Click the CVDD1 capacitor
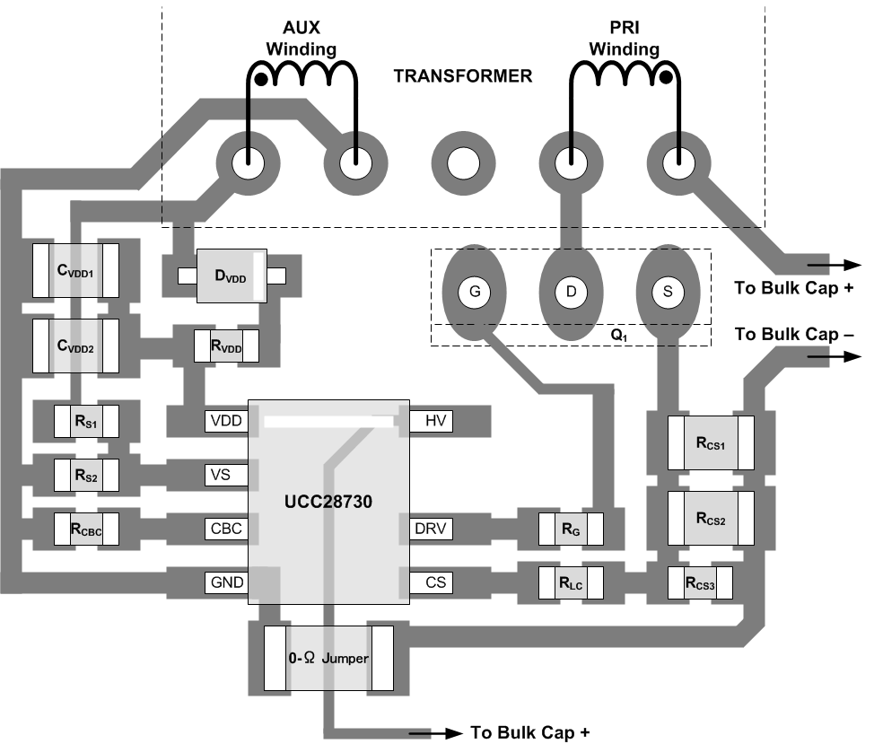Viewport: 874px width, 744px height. tap(75, 270)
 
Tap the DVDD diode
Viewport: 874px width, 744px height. tap(231, 276)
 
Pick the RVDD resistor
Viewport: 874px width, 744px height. tap(227, 345)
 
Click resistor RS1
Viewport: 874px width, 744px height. tap(86, 420)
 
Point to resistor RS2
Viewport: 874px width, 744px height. tap(86, 473)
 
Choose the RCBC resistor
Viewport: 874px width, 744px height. tap(86, 529)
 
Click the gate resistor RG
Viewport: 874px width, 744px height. tap(570, 529)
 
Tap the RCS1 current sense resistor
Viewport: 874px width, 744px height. tap(710, 442)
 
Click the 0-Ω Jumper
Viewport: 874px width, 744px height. tap(328, 659)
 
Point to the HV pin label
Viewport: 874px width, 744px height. tap(435, 420)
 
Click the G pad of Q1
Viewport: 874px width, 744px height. tap(474, 292)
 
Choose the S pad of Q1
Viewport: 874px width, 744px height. tap(667, 292)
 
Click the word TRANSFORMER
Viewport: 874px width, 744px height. tap(462, 76)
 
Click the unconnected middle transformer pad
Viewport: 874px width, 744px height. tap(464, 164)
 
